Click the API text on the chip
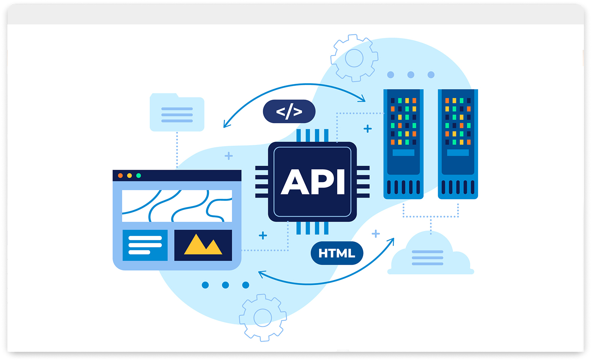pos(312,182)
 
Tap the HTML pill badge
pos(337,253)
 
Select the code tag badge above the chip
pos(289,112)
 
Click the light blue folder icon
pos(177,113)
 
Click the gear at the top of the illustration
pos(354,58)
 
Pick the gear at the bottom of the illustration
pos(262,318)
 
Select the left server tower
pos(403,144)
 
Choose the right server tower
pos(458,144)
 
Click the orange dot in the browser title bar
pos(120,176)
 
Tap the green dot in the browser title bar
pos(138,176)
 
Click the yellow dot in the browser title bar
pos(129,176)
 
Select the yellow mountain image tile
pos(203,245)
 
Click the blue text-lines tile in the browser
pos(145,245)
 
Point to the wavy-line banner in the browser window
pos(177,206)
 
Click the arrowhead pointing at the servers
pos(362,99)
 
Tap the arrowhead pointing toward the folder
pos(226,124)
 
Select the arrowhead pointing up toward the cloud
pos(391,241)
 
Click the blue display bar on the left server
pos(403,153)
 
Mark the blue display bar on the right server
pos(458,153)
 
